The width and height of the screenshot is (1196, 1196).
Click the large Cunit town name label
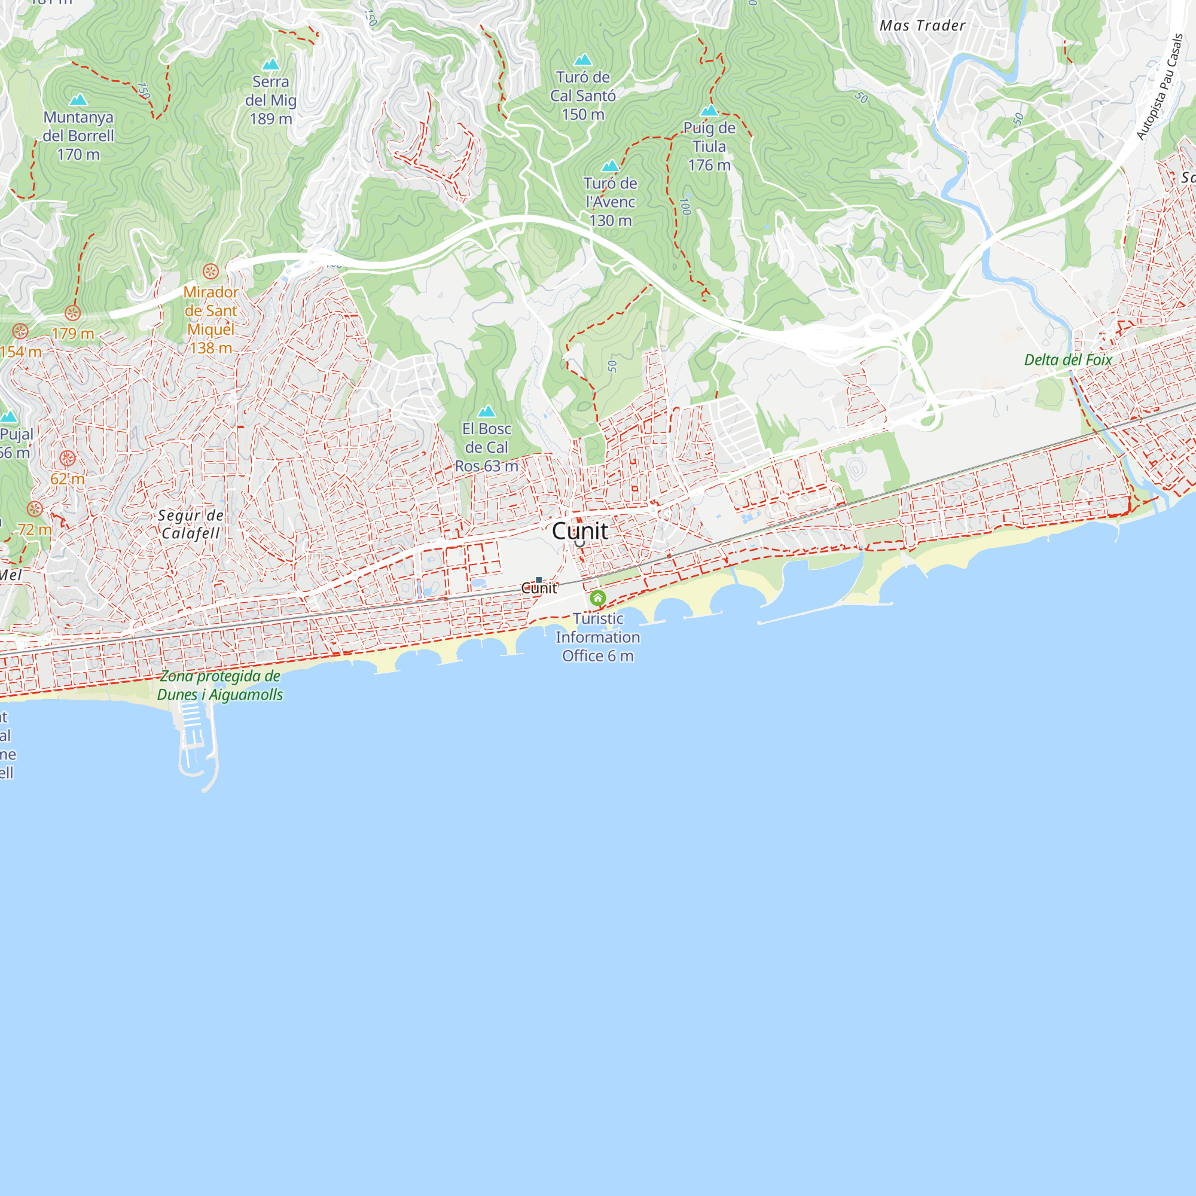pos(579,530)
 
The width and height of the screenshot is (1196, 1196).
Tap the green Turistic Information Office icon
pos(597,598)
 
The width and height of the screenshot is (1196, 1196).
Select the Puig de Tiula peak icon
pos(709,111)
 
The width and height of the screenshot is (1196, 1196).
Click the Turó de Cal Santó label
pos(582,95)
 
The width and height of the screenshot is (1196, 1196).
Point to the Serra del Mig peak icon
pos(270,65)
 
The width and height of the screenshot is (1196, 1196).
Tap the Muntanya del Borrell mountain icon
pos(78,100)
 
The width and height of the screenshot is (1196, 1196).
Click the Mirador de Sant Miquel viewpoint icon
pos(210,271)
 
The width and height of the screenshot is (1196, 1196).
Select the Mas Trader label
pos(922,25)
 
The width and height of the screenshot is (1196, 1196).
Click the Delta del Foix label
pos(1068,359)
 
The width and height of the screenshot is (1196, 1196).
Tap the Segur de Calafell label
pos(191,524)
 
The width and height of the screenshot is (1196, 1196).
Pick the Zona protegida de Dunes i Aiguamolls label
pos(219,685)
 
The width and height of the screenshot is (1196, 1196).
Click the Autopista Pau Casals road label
pos(1160,87)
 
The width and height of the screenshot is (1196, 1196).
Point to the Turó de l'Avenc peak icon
pos(611,166)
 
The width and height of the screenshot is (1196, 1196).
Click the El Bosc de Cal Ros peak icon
pos(487,411)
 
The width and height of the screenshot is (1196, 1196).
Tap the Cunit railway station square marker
pos(539,580)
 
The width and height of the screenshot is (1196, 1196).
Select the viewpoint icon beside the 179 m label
pos(73,313)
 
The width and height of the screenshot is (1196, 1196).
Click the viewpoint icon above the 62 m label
pos(68,458)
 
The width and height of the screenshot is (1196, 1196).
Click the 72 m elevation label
pos(35,529)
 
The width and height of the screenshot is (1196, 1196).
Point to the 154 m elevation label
pos(21,352)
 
